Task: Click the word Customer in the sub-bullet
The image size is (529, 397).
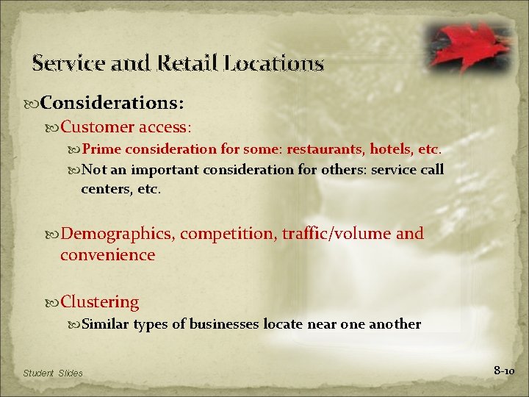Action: [x=98, y=126]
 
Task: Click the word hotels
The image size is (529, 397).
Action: [x=390, y=150]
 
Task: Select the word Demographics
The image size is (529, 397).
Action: [x=118, y=234]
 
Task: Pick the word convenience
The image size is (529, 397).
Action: [x=108, y=255]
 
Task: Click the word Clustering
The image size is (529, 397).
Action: [x=100, y=302]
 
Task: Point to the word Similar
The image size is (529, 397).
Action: [x=106, y=324]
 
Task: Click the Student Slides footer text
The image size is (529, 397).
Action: [x=53, y=373]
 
